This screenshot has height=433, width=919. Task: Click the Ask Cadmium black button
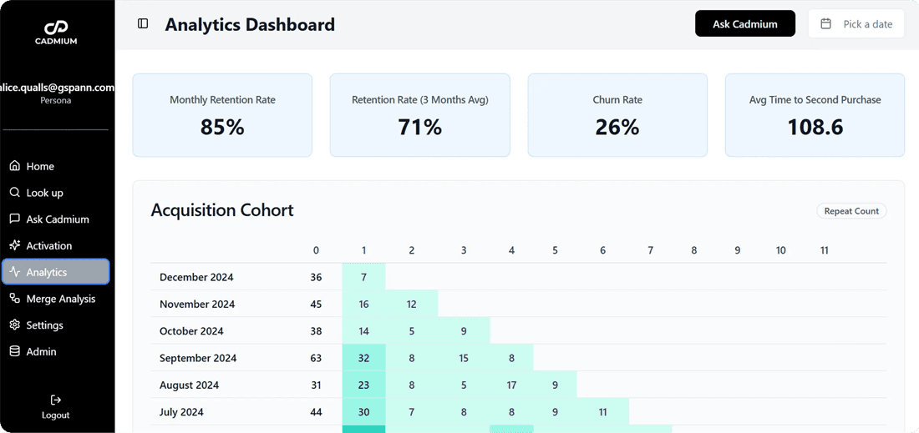coord(744,24)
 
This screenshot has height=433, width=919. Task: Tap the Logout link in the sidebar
coord(55,407)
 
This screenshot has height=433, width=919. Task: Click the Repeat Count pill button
coord(850,211)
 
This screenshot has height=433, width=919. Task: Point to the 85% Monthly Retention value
coord(222,127)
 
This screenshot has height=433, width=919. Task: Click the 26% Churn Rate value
coord(617,127)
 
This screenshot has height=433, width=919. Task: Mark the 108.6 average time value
coord(815,127)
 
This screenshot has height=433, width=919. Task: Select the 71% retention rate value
coord(419,127)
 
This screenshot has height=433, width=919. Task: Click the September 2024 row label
coord(198,358)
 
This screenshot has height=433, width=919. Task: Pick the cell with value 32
coord(363,358)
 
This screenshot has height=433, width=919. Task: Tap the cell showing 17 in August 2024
coord(511,385)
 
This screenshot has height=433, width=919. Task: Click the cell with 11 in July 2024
coord(602,412)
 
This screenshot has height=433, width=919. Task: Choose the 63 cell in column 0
coord(316,358)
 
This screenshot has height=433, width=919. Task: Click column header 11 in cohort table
coord(824,250)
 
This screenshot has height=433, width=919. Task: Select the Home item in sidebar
coord(40,166)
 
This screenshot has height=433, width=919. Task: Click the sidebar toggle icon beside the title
coord(143,24)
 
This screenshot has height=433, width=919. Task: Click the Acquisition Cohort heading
coord(222,210)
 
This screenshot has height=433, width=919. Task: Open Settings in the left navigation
coord(44,325)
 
